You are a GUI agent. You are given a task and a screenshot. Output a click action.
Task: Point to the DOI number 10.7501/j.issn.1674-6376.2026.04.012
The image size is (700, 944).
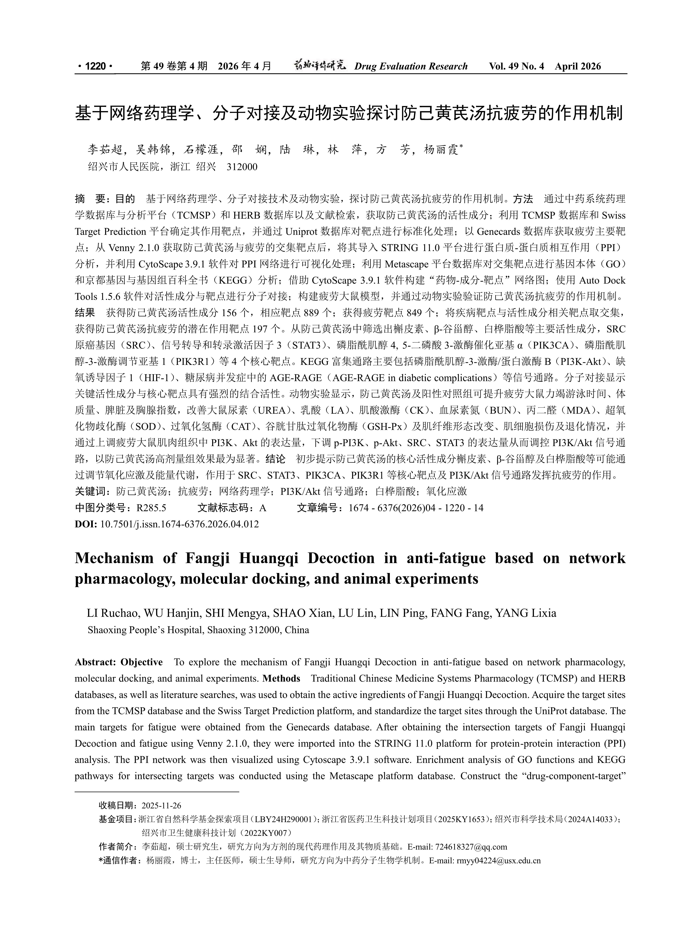pos(179,524)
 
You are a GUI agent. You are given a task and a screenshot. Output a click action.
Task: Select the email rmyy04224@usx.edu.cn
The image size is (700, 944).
pos(498,861)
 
